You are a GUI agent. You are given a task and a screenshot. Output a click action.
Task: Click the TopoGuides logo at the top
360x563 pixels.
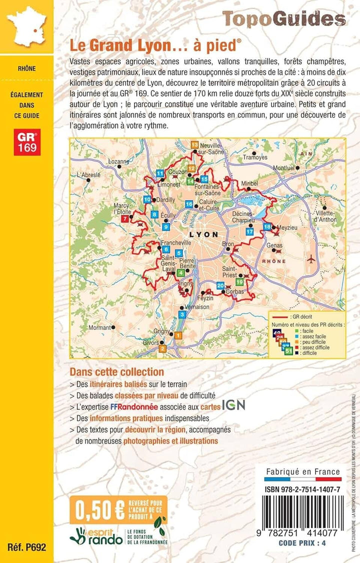coord(283,18)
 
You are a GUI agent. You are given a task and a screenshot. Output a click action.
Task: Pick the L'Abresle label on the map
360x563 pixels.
coord(89,175)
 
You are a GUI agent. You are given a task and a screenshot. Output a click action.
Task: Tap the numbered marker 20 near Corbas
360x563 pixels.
coord(220,285)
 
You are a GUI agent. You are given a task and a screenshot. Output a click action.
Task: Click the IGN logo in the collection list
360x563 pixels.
coord(233,405)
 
